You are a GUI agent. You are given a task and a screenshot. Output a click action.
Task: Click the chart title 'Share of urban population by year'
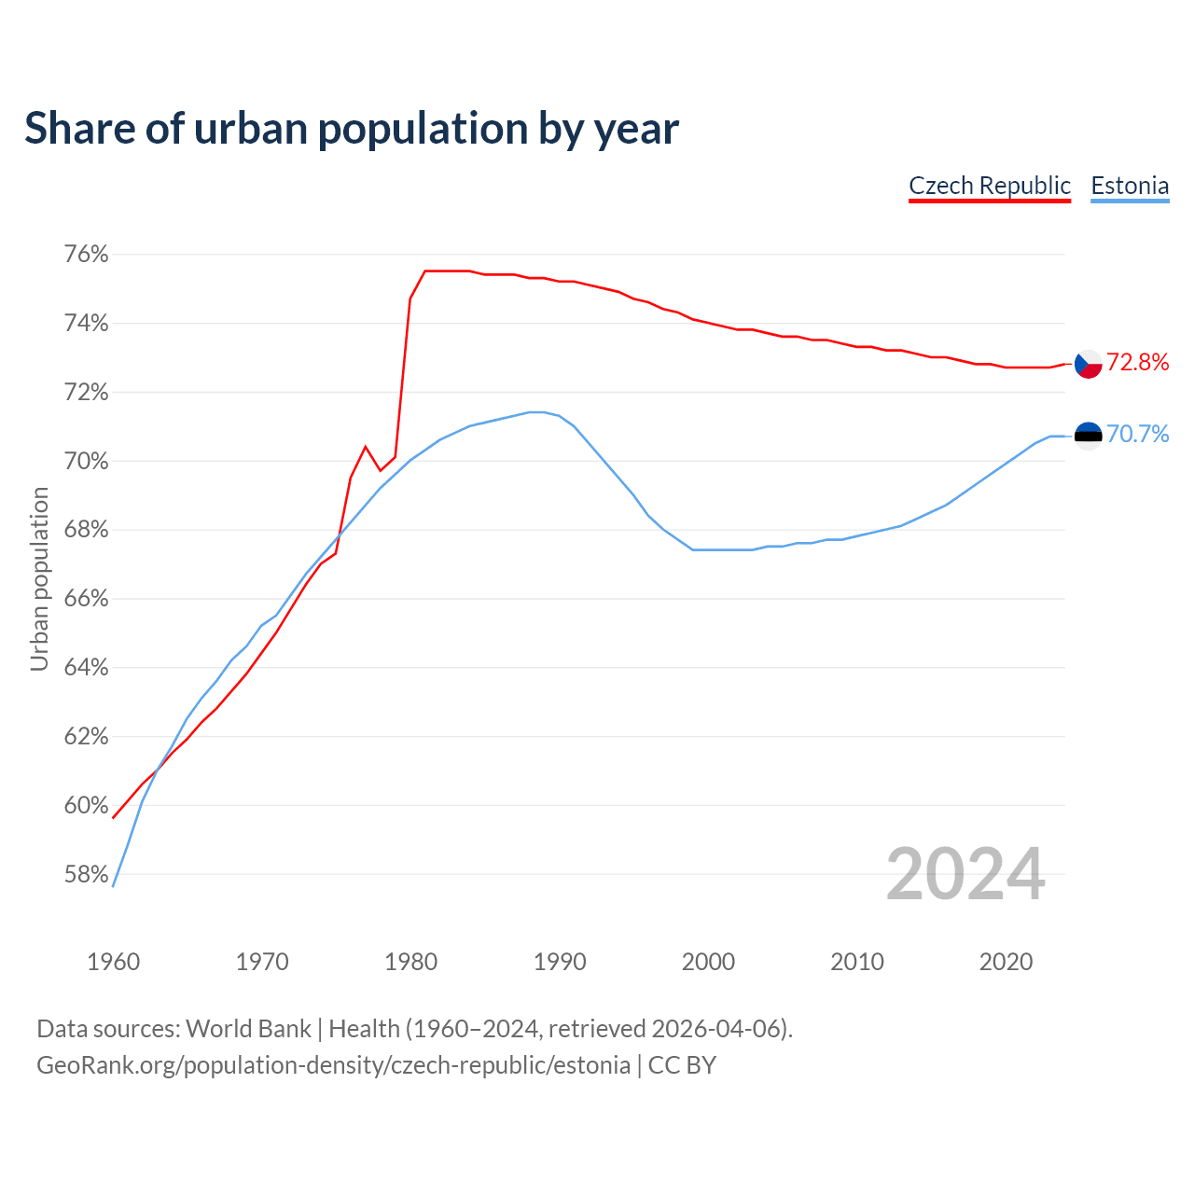pyautogui.click(x=352, y=129)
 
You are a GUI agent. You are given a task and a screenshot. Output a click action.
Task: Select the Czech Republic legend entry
pyautogui.click(x=990, y=186)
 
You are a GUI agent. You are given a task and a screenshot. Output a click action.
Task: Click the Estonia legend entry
pyautogui.click(x=1130, y=186)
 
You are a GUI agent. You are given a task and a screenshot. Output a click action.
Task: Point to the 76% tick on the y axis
pyautogui.click(x=86, y=255)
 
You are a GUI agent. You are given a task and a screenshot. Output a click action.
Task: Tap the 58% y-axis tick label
pyautogui.click(x=86, y=875)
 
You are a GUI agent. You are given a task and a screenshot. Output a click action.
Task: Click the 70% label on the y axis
pyautogui.click(x=86, y=462)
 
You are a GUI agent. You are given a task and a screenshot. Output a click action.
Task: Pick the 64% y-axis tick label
pyautogui.click(x=86, y=668)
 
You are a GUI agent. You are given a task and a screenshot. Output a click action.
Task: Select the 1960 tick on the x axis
pyautogui.click(x=113, y=962)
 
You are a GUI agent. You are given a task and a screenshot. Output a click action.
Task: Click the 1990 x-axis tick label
pyautogui.click(x=560, y=962)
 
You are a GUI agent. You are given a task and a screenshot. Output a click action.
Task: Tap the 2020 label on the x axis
pyautogui.click(x=1006, y=962)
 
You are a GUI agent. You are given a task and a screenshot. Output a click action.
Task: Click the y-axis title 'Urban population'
pyautogui.click(x=39, y=578)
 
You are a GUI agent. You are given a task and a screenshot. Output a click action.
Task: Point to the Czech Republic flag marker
pyautogui.click(x=1088, y=364)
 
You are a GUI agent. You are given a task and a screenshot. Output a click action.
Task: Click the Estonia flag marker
pyautogui.click(x=1088, y=435)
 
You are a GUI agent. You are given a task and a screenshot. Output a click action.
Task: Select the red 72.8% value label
pyautogui.click(x=1137, y=363)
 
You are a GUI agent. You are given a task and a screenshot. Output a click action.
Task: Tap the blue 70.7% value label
pyautogui.click(x=1137, y=434)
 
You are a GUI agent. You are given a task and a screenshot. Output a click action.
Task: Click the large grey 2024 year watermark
pyautogui.click(x=965, y=874)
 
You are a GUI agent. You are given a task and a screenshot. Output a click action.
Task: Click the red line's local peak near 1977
pyautogui.click(x=366, y=447)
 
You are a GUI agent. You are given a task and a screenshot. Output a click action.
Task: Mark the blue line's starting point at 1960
pyautogui.click(x=113, y=885)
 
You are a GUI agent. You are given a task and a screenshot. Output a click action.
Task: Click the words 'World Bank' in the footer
pyautogui.click(x=248, y=1029)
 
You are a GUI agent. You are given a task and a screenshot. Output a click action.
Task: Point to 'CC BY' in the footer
pyautogui.click(x=682, y=1065)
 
